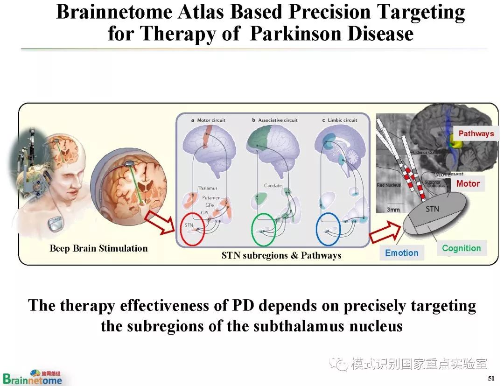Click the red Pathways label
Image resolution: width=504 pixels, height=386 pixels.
click(476, 133)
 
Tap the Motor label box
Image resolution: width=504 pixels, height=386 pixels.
click(468, 183)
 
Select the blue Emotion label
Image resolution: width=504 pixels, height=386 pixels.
click(401, 253)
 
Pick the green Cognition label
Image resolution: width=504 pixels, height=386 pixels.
click(461, 248)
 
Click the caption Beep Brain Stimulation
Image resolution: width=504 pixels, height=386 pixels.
click(98, 249)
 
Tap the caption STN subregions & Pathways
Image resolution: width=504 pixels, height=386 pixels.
click(281, 255)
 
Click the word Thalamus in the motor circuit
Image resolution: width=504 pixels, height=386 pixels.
click(207, 188)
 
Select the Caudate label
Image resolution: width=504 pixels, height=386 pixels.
click(273, 186)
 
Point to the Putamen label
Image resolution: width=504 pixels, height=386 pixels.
click(211, 198)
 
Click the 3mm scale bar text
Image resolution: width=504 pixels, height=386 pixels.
click(393, 210)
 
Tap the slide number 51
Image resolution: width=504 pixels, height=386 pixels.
click(490, 378)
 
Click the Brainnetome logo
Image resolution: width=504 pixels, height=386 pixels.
click(33, 377)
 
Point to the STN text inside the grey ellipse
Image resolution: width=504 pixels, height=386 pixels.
click(432, 209)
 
